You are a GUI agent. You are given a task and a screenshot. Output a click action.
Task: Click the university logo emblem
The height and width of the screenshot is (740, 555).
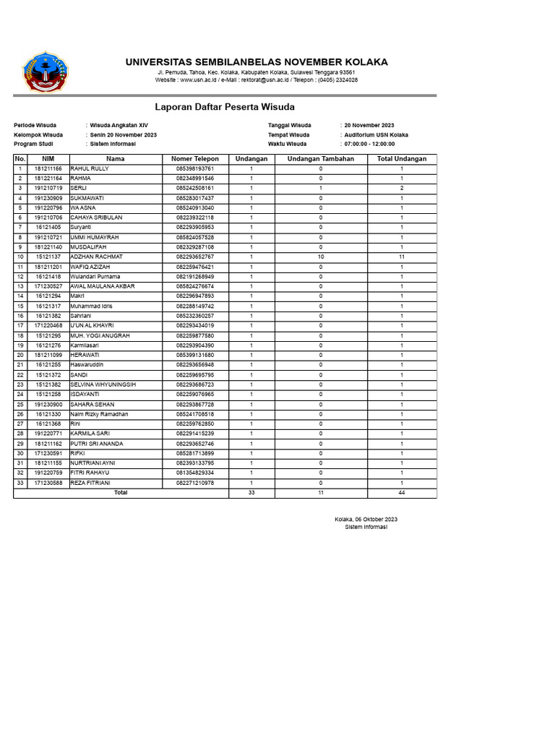[x=47, y=72]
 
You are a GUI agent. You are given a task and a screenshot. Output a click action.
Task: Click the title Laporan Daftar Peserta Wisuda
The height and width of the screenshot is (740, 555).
[x=225, y=107]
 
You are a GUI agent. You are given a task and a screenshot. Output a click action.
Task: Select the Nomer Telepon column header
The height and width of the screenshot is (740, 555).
[x=195, y=159]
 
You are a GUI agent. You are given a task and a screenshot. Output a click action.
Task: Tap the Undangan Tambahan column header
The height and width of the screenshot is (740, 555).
[x=321, y=159]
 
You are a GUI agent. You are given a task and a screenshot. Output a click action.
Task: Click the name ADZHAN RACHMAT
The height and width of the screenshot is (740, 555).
[x=96, y=257]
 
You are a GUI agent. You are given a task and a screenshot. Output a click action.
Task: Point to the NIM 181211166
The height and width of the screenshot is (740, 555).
[x=48, y=169]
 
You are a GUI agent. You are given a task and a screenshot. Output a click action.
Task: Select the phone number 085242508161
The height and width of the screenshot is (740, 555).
[x=195, y=189]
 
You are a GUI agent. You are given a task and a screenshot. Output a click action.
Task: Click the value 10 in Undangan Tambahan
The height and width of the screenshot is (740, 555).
[x=321, y=257]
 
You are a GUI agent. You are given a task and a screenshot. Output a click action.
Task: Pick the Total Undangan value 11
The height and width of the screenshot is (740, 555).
[x=402, y=257]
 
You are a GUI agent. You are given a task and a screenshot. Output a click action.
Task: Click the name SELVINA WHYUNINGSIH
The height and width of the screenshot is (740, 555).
[x=103, y=384]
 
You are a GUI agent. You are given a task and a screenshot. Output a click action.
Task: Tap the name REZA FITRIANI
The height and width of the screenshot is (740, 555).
[x=90, y=483]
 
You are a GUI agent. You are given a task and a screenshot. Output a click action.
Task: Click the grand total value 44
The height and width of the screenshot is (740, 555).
[x=402, y=493]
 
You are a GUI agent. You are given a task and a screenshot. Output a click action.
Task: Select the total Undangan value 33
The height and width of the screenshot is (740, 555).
[x=251, y=493]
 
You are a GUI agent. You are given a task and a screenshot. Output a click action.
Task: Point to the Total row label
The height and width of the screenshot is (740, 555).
[x=121, y=493]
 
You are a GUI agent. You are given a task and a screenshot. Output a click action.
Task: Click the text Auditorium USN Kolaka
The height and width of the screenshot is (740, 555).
[x=376, y=135]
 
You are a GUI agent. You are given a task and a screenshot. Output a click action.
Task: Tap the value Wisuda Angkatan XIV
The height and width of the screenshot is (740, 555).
[x=119, y=126]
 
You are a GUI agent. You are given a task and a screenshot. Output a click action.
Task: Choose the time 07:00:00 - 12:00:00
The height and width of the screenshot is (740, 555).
[x=369, y=144]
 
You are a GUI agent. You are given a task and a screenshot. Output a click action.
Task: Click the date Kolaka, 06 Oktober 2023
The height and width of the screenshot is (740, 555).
[x=366, y=520]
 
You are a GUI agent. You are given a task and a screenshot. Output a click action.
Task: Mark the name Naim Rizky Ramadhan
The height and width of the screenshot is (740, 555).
[x=99, y=414]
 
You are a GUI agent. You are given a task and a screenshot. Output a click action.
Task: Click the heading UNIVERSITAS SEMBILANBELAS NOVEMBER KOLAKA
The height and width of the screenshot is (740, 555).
[x=257, y=62]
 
